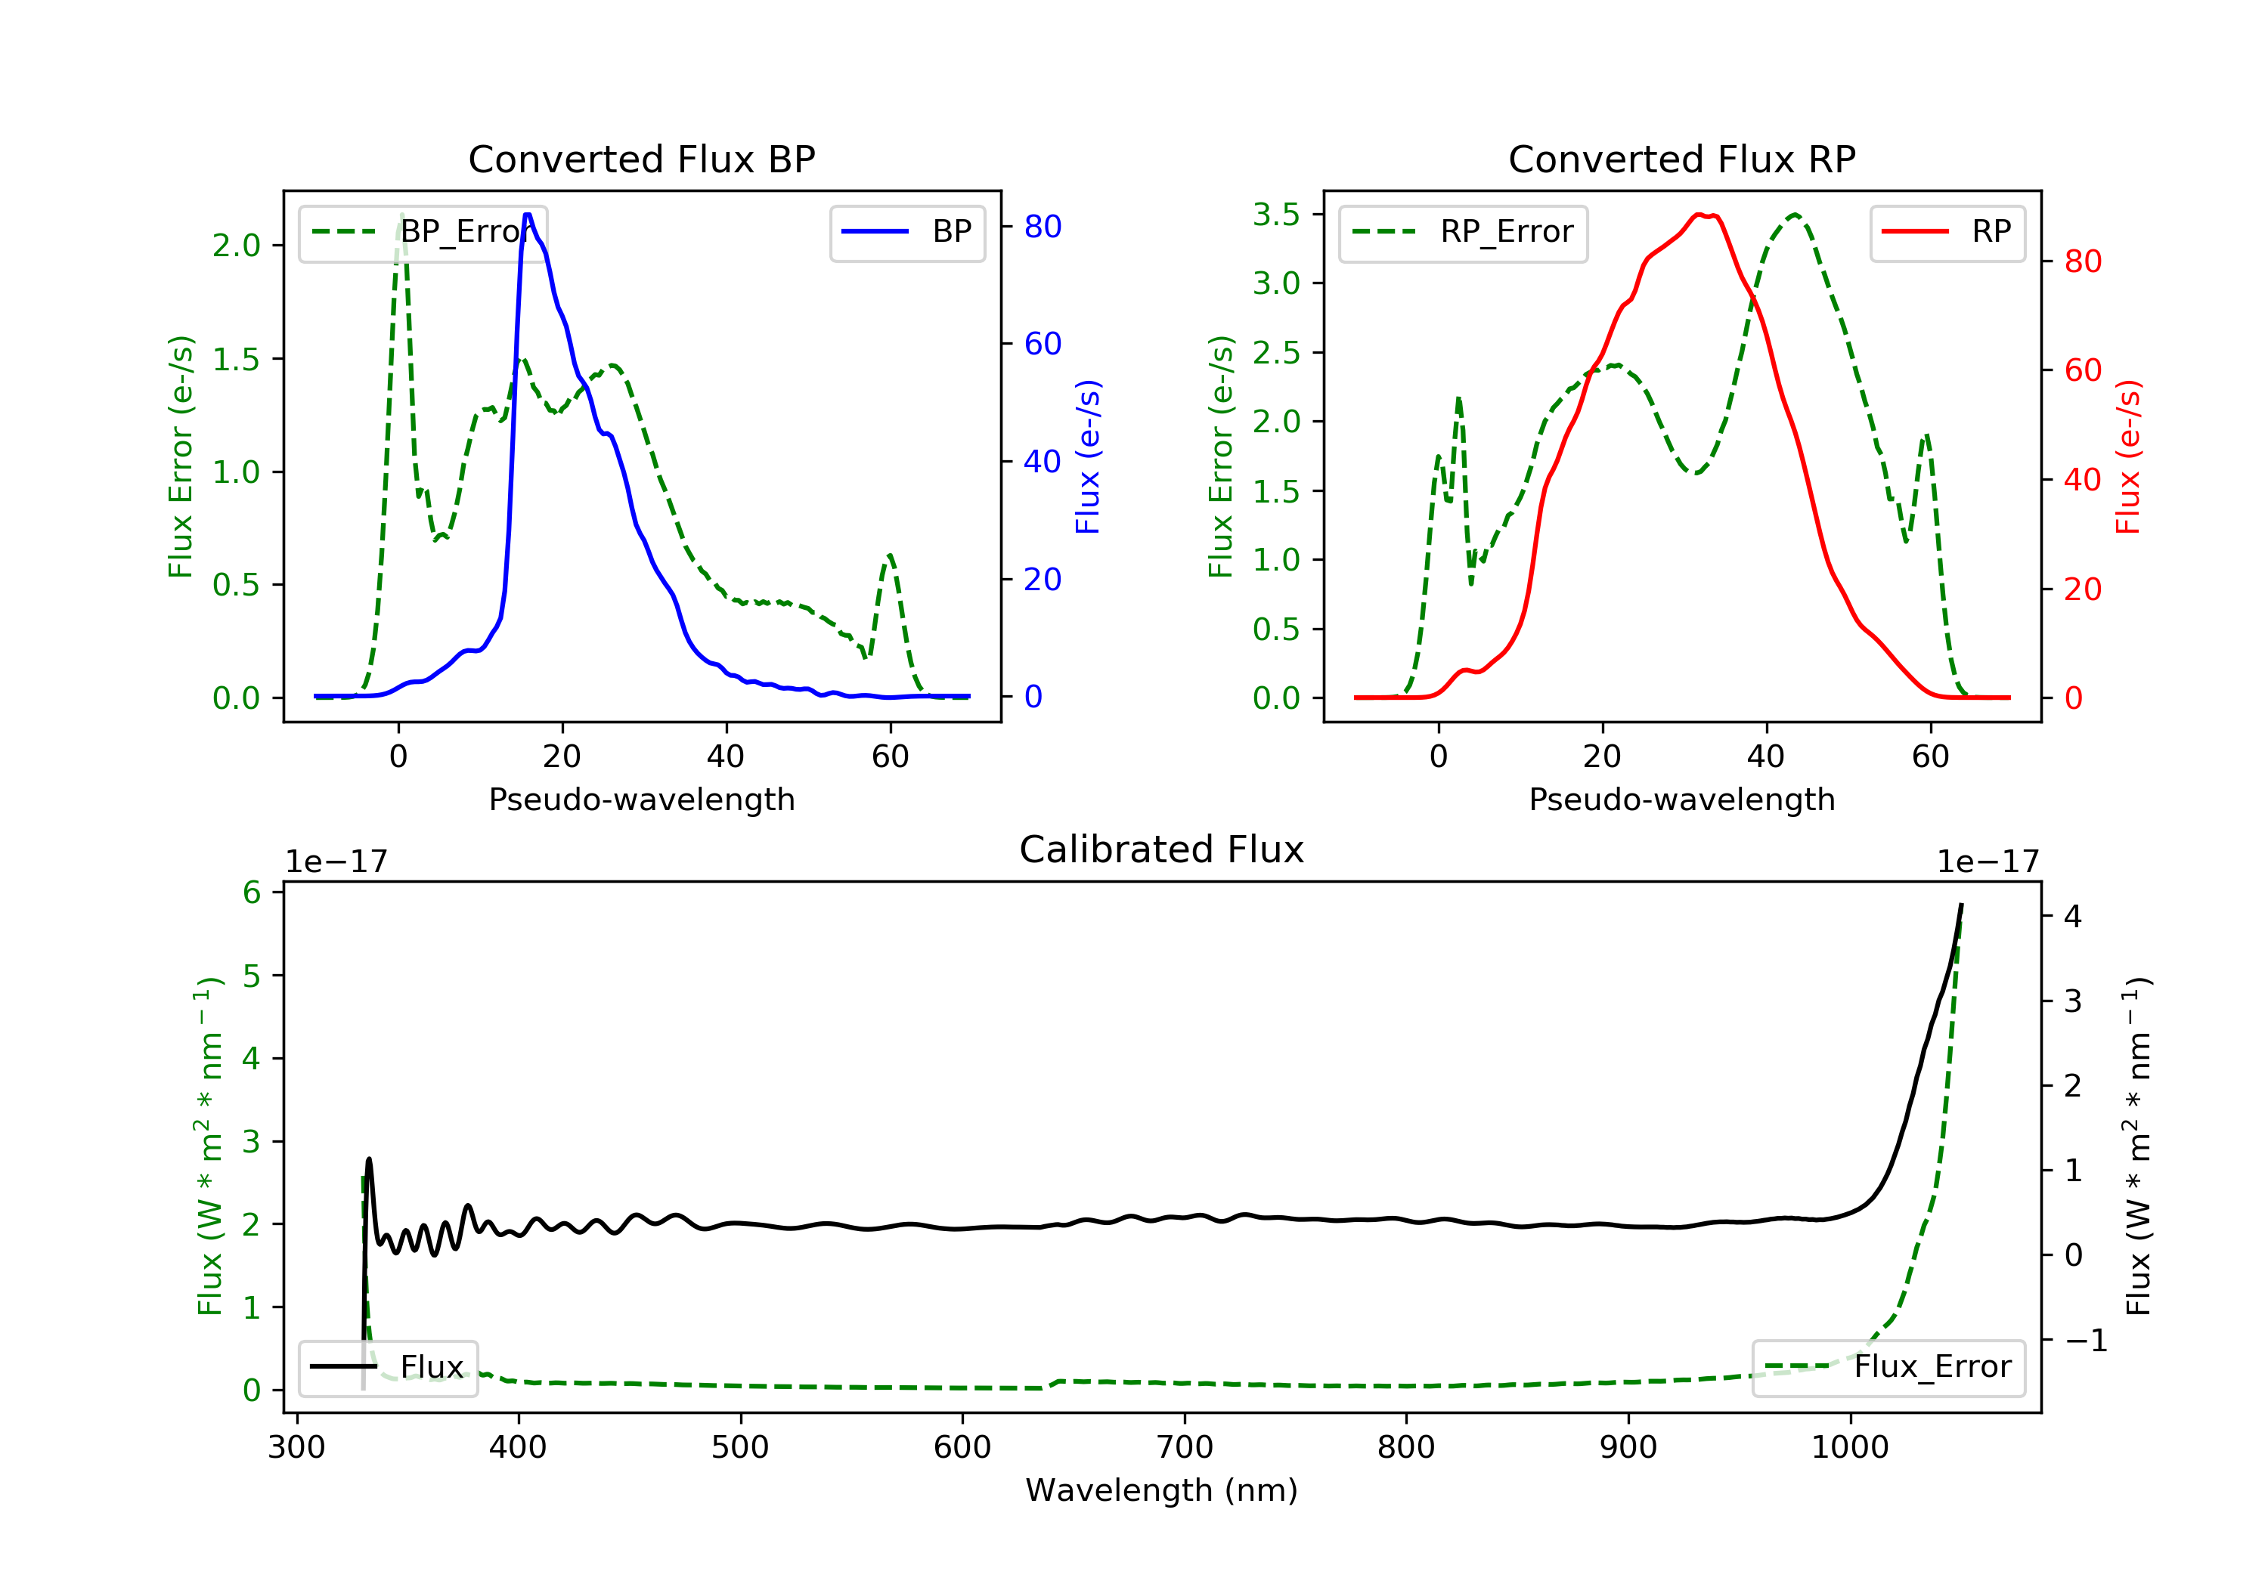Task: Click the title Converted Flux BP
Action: pos(641,159)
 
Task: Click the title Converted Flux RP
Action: pos(1681,159)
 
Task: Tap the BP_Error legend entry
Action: pos(423,232)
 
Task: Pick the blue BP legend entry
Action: pos(906,232)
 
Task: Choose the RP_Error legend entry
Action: pos(1463,232)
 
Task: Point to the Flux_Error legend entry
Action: pos(1888,1367)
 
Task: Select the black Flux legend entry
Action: pos(389,1367)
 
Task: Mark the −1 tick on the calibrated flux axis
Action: pos(2085,1340)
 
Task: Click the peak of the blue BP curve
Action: pos(528,215)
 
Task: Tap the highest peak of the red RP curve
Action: pos(1699,215)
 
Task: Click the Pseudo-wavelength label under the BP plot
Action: pos(641,799)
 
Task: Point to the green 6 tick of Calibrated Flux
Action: pos(252,892)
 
